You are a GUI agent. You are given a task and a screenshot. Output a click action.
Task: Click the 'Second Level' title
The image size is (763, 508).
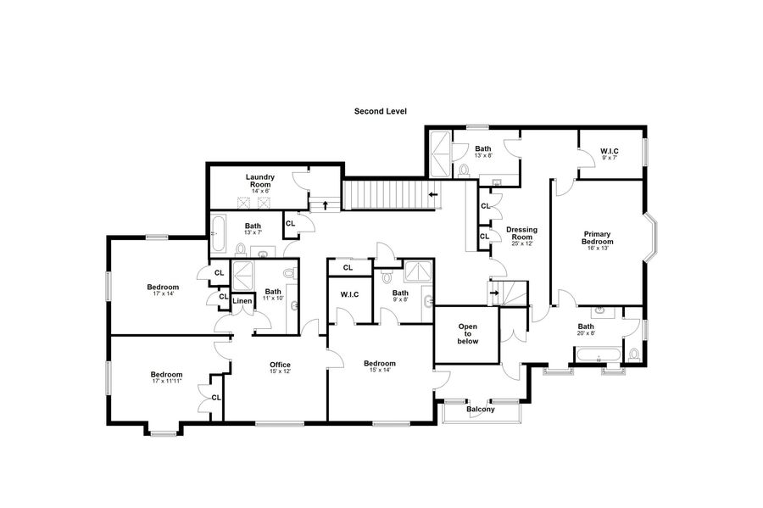click(x=380, y=111)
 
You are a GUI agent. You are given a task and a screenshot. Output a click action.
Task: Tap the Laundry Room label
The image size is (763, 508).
click(x=260, y=181)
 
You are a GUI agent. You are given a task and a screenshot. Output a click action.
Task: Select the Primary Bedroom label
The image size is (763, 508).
click(x=597, y=237)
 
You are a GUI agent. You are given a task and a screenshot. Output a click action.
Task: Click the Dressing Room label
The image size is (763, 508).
click(x=521, y=233)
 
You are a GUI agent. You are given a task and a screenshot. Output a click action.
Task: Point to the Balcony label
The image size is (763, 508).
click(x=481, y=410)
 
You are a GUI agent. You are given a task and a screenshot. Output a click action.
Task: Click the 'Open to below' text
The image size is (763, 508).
click(x=468, y=334)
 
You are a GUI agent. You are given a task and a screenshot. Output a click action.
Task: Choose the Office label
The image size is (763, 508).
click(x=280, y=365)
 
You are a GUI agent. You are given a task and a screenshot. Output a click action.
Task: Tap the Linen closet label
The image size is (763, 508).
click(x=242, y=301)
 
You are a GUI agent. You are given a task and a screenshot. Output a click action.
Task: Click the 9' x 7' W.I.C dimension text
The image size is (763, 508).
click(x=610, y=158)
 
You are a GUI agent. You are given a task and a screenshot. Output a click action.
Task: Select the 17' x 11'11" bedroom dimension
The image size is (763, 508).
click(x=166, y=381)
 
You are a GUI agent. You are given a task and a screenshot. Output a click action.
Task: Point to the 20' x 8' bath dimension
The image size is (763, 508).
click(x=586, y=333)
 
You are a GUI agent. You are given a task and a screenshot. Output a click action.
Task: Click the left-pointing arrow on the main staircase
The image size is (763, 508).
click(x=432, y=195)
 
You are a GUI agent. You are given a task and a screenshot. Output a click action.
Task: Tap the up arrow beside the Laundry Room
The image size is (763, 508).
click(x=326, y=204)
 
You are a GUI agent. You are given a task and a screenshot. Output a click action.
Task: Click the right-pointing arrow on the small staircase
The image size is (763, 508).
click(x=494, y=293)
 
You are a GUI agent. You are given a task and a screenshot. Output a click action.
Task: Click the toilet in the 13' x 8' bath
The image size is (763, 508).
click(x=464, y=170)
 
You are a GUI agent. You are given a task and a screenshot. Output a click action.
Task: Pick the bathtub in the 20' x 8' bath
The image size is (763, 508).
click(x=598, y=354)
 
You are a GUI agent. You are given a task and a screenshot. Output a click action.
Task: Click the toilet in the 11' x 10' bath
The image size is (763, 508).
click(x=290, y=273)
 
